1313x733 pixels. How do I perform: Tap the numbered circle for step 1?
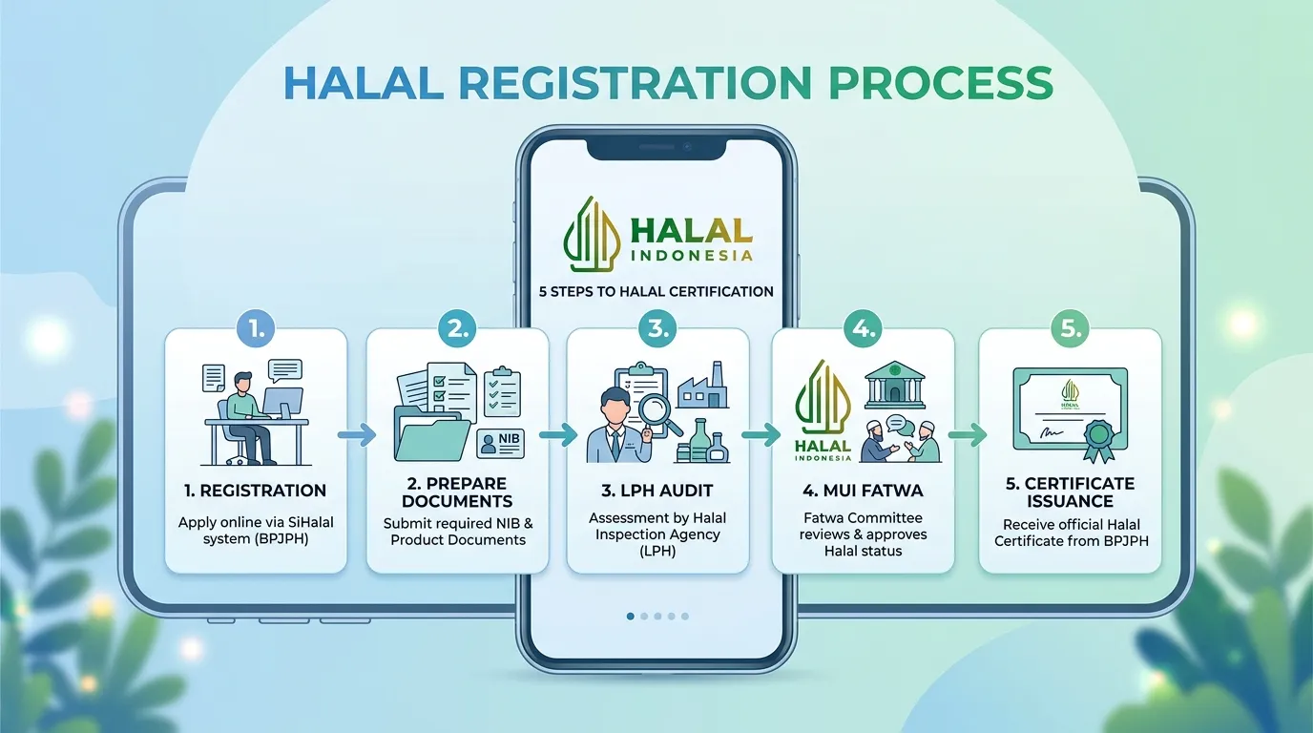pyautogui.click(x=256, y=328)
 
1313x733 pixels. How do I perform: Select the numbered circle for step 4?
pyautogui.click(x=863, y=328)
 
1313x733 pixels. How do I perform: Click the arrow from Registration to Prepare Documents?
pyautogui.click(x=356, y=435)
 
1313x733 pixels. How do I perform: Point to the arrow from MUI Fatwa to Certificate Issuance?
pyautogui.click(x=968, y=435)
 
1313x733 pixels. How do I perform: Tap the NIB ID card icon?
pyautogui.click(x=501, y=444)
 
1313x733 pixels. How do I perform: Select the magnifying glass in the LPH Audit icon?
pyautogui.click(x=658, y=416)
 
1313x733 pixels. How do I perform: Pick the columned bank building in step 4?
pyautogui.click(x=894, y=385)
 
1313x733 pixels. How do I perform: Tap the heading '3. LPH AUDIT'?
pyautogui.click(x=657, y=491)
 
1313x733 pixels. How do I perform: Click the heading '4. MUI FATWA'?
pyautogui.click(x=863, y=491)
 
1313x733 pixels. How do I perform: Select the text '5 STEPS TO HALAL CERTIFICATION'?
pyautogui.click(x=656, y=291)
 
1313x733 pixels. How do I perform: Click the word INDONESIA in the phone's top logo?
pyautogui.click(x=692, y=256)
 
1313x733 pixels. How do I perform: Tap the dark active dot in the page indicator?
pyautogui.click(x=630, y=617)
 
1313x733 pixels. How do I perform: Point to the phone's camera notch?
pyautogui.click(x=656, y=149)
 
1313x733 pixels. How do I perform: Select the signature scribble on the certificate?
pyautogui.click(x=1051, y=432)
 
